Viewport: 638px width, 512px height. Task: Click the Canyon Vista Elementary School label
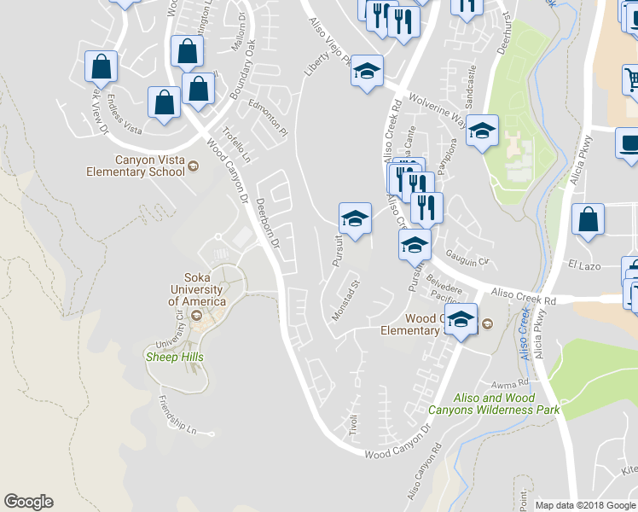coord(136,166)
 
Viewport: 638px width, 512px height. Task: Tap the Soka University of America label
coord(197,289)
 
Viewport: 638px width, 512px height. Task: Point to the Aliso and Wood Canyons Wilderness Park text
coord(494,404)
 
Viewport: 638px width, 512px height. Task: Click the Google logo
coord(28,502)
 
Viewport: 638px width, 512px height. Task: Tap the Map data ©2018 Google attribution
coord(584,505)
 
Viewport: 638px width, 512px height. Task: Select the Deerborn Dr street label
coord(268,224)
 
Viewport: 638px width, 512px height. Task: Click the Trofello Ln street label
coord(237,145)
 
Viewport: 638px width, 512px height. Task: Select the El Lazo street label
coord(585,266)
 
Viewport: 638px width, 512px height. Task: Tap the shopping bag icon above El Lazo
coord(589,221)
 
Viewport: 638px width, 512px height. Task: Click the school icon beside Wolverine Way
coord(482,131)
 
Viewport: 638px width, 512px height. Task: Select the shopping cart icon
coord(631,82)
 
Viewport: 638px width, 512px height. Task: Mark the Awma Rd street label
coord(517,383)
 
